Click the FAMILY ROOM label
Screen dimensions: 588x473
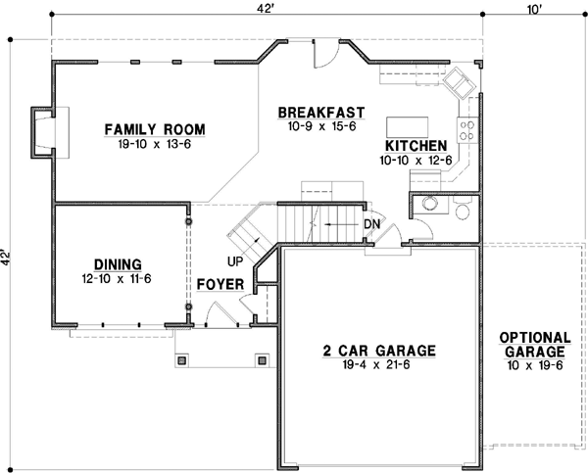click(155, 129)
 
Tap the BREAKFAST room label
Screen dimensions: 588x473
click(321, 113)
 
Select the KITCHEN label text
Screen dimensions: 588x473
click(416, 145)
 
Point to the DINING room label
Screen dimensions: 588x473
click(118, 264)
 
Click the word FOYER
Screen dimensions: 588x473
click(220, 284)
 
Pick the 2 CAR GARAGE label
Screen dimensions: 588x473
click(379, 351)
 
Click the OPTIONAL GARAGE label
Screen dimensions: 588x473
click(535, 345)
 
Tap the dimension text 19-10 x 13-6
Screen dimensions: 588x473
click(155, 144)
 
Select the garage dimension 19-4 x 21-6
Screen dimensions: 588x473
click(376, 364)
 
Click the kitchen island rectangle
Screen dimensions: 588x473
click(408, 127)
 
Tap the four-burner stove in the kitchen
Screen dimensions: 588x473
click(466, 130)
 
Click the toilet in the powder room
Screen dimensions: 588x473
click(463, 208)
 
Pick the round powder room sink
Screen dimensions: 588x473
click(430, 204)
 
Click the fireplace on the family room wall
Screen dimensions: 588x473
click(44, 132)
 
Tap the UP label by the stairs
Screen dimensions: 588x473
click(235, 261)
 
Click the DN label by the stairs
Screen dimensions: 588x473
click(372, 224)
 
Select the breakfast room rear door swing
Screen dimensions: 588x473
click(324, 54)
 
